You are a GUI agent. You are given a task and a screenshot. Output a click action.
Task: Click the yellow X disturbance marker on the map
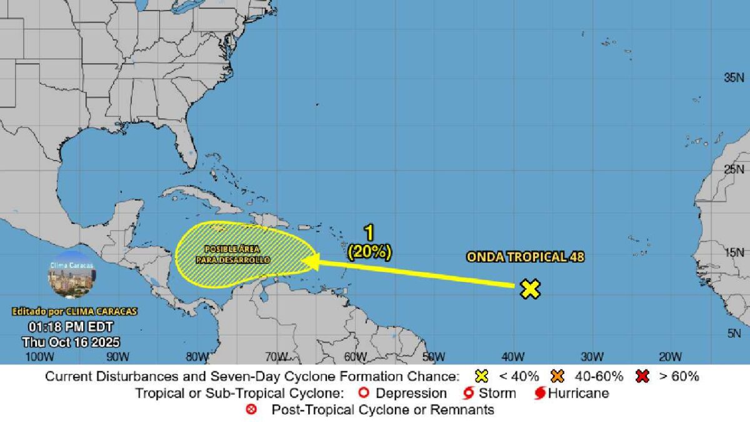530,289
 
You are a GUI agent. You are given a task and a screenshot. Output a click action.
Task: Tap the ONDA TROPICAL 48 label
525,257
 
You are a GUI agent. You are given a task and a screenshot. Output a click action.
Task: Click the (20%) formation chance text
369,251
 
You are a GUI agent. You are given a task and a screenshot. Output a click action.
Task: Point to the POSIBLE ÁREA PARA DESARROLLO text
236,254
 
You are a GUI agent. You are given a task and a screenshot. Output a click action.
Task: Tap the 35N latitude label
733,78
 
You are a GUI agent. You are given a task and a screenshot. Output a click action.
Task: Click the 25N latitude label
733,169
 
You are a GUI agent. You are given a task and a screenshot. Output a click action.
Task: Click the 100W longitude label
37,357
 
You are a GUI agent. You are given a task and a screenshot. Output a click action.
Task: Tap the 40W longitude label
512,357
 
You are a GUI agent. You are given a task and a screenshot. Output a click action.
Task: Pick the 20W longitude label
670,357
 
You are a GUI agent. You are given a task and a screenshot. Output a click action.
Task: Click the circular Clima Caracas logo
71,276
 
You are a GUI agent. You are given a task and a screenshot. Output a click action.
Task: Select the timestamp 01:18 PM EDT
71,327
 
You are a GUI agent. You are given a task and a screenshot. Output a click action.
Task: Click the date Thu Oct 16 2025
71,342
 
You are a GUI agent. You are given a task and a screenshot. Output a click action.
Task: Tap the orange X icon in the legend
557,376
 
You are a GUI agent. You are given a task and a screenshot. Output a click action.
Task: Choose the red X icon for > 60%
640,376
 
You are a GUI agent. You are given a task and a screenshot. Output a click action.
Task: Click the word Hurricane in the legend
578,393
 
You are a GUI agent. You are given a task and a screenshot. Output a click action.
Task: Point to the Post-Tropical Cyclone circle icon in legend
252,410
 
